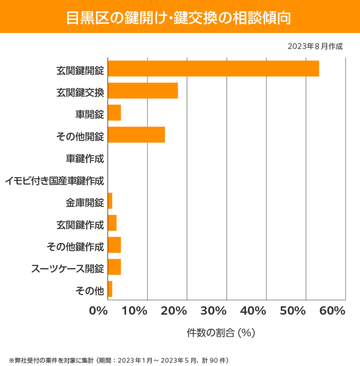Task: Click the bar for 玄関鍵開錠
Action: [x=213, y=68]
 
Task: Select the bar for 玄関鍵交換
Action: [x=143, y=91]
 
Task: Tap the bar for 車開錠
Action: [x=114, y=113]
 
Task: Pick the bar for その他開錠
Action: [x=136, y=135]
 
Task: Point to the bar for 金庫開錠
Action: [x=110, y=201]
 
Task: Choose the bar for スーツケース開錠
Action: [x=114, y=267]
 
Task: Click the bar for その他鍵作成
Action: [x=114, y=245]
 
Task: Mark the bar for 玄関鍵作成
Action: [x=112, y=223]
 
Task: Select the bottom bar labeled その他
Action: [x=110, y=289]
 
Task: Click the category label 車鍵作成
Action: [x=85, y=159]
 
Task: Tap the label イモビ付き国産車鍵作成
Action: [x=55, y=181]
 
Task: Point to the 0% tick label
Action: [x=99, y=311]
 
